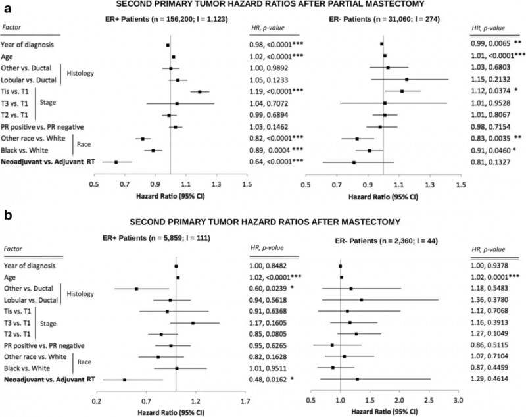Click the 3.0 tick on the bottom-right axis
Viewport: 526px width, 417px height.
click(458, 400)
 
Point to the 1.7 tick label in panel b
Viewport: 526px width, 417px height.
click(245, 400)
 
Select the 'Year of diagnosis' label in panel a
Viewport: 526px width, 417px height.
click(30, 45)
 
